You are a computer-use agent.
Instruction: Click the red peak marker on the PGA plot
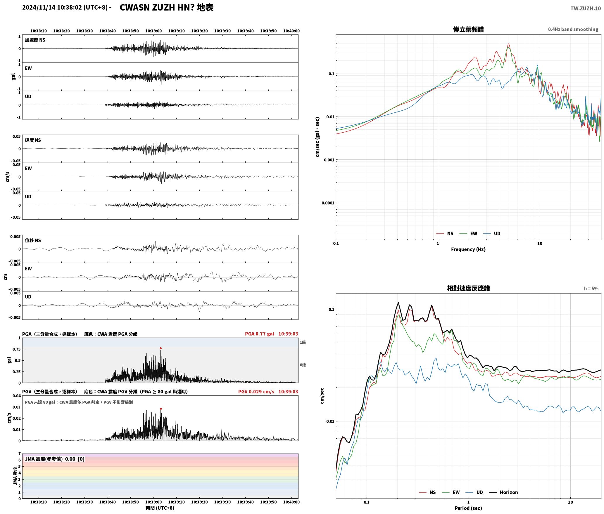[161, 348]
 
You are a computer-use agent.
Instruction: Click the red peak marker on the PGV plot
[161, 409]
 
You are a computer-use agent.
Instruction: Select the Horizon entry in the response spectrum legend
[503, 492]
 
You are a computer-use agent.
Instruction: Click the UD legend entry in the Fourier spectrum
[491, 233]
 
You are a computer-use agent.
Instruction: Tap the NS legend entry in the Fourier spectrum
[445, 233]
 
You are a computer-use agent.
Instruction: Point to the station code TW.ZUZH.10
[586, 8]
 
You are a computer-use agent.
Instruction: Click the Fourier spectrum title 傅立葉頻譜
[468, 29]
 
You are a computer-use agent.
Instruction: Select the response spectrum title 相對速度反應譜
[468, 288]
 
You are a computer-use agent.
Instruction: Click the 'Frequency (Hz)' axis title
[468, 249]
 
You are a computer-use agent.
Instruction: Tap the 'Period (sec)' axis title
[468, 508]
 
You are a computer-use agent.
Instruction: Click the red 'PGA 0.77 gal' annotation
[260, 334]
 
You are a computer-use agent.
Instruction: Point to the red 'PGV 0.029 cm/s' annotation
[256, 391]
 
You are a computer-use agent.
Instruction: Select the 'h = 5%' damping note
[591, 288]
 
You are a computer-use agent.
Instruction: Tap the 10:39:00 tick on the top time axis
[153, 31]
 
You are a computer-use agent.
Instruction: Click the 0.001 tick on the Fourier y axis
[329, 160]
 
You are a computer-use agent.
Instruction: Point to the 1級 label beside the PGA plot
[303, 342]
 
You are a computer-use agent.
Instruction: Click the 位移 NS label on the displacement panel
[33, 240]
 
